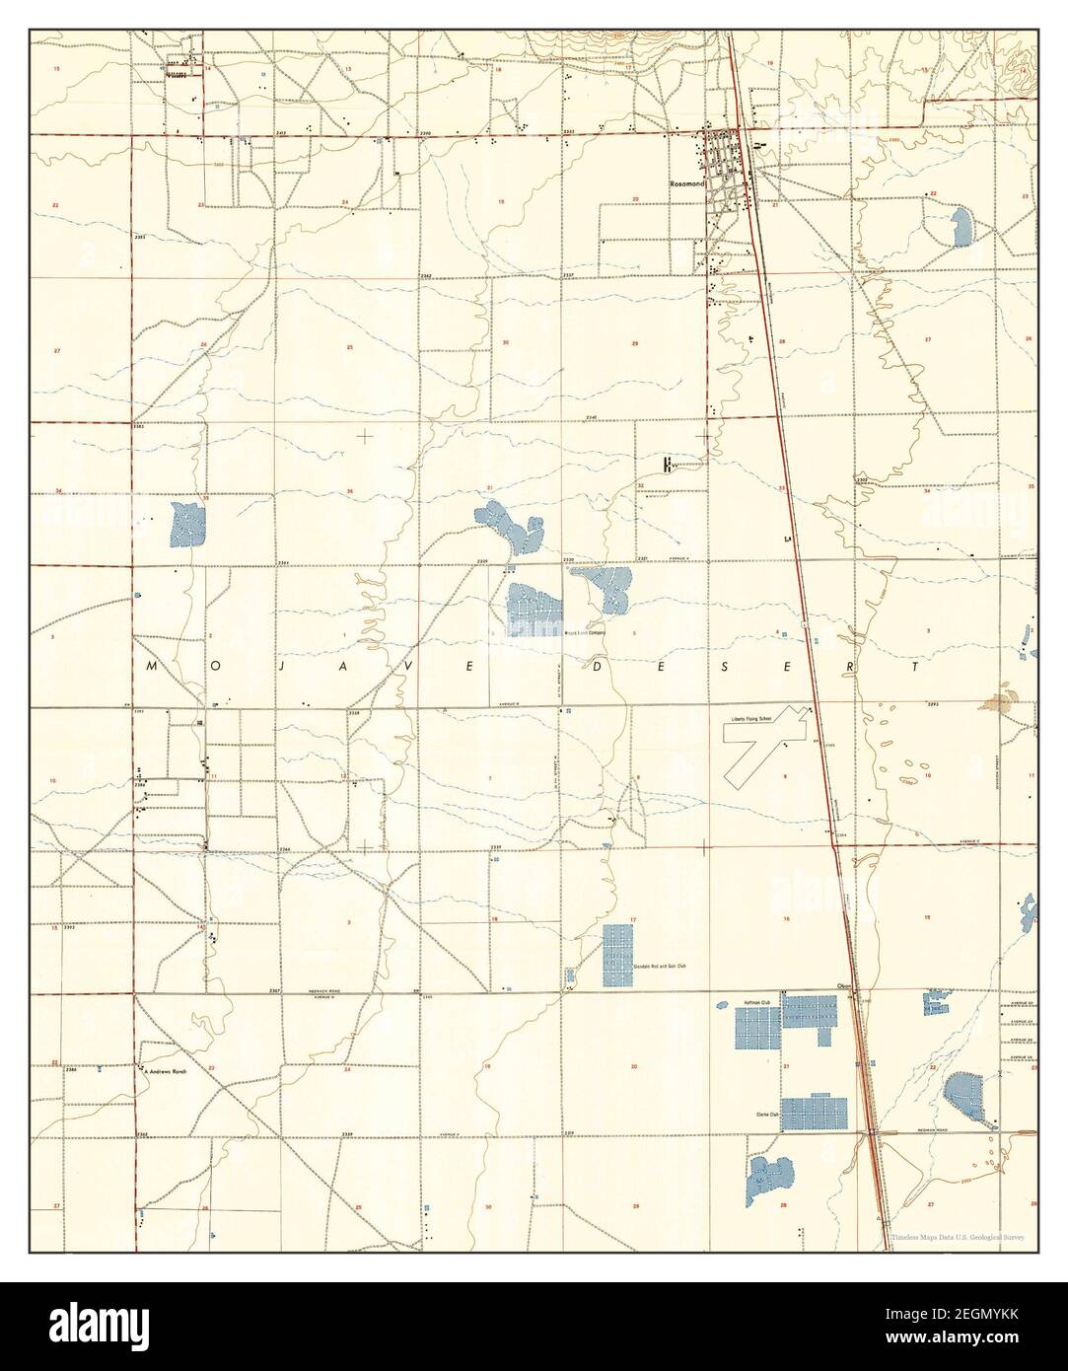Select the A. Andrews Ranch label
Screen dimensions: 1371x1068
[x=165, y=1069]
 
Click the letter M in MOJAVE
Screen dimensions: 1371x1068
[x=152, y=667]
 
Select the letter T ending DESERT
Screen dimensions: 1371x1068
[x=918, y=667]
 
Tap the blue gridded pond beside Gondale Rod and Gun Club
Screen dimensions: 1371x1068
[x=618, y=955]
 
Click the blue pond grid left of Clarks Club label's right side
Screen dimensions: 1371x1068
[x=815, y=1112]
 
